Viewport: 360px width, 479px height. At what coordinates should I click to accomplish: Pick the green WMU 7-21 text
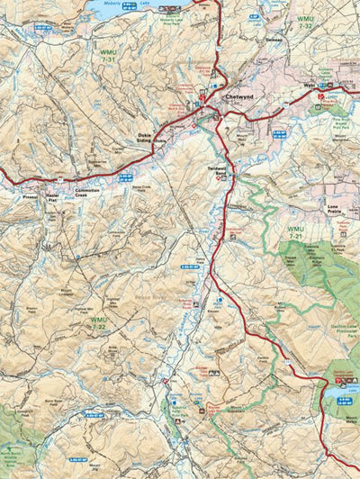tap(294, 233)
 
